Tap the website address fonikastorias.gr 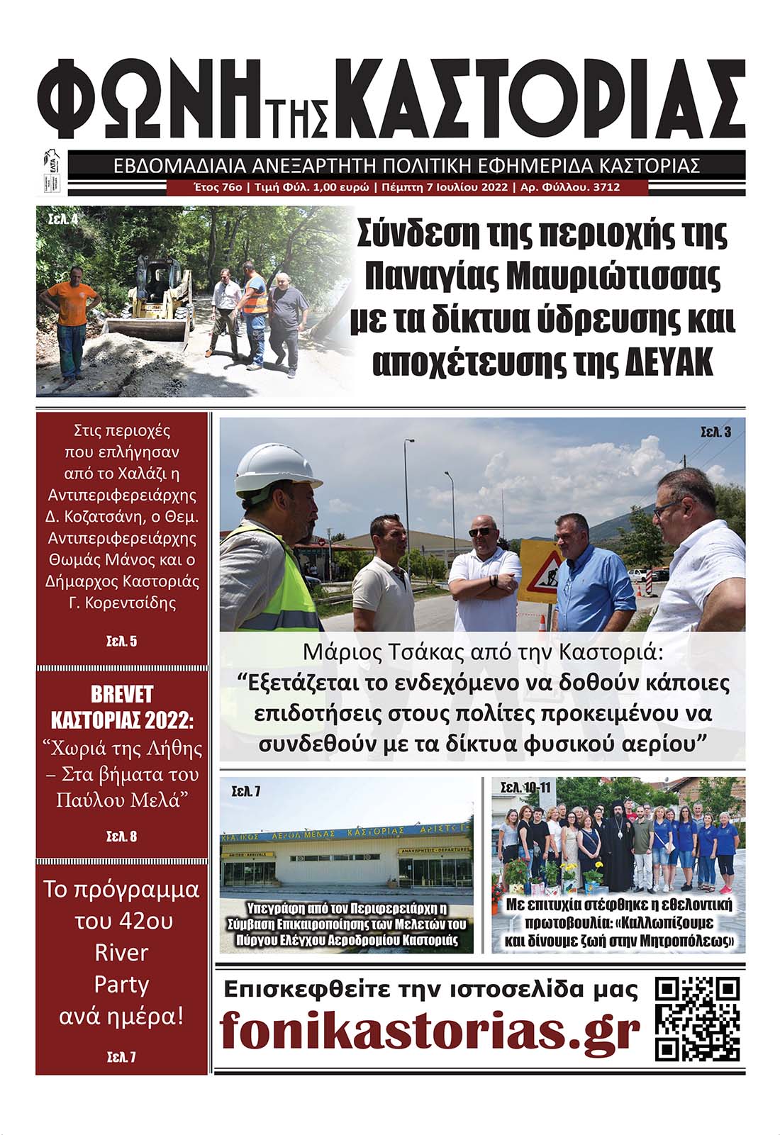coord(430,1031)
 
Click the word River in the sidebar coord(121,952)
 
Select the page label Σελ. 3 coord(715,431)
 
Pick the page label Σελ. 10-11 coord(525,788)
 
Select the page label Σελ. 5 coord(121,642)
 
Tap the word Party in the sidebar coord(121,984)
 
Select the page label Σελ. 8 coord(121,837)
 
